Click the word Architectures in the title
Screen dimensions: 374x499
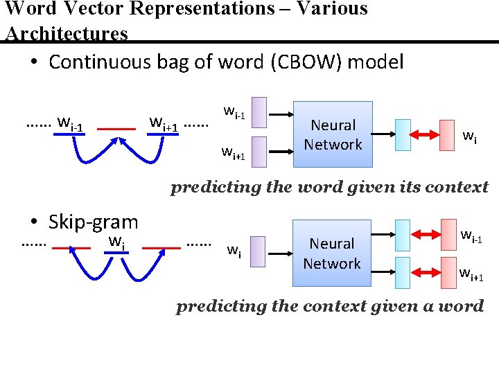[67, 33]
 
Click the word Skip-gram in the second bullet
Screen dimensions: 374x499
[94, 222]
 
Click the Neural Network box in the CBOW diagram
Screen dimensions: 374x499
[333, 134]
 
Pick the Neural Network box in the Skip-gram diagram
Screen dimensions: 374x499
[332, 253]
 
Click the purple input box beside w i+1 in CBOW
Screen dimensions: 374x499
[259, 153]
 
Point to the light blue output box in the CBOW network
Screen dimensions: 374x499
[404, 134]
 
